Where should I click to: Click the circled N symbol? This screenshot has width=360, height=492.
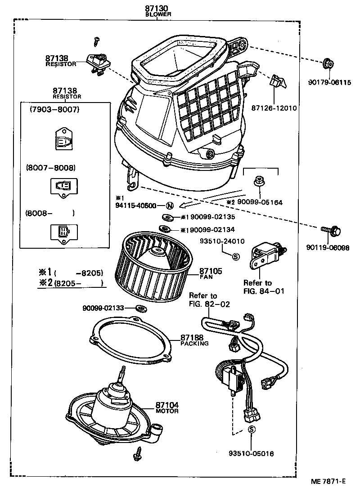(170, 206)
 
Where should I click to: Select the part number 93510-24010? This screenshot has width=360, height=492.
(222, 241)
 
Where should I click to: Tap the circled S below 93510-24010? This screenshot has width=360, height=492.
(235, 257)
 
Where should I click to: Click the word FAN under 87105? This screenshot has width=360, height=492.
(206, 277)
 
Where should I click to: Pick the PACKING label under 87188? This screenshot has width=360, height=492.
(194, 344)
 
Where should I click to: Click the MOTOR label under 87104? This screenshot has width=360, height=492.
(167, 411)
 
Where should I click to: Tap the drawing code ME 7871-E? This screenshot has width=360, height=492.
(328, 481)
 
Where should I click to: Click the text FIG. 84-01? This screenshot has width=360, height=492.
(264, 291)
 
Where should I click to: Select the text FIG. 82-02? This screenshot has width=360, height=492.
(209, 304)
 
